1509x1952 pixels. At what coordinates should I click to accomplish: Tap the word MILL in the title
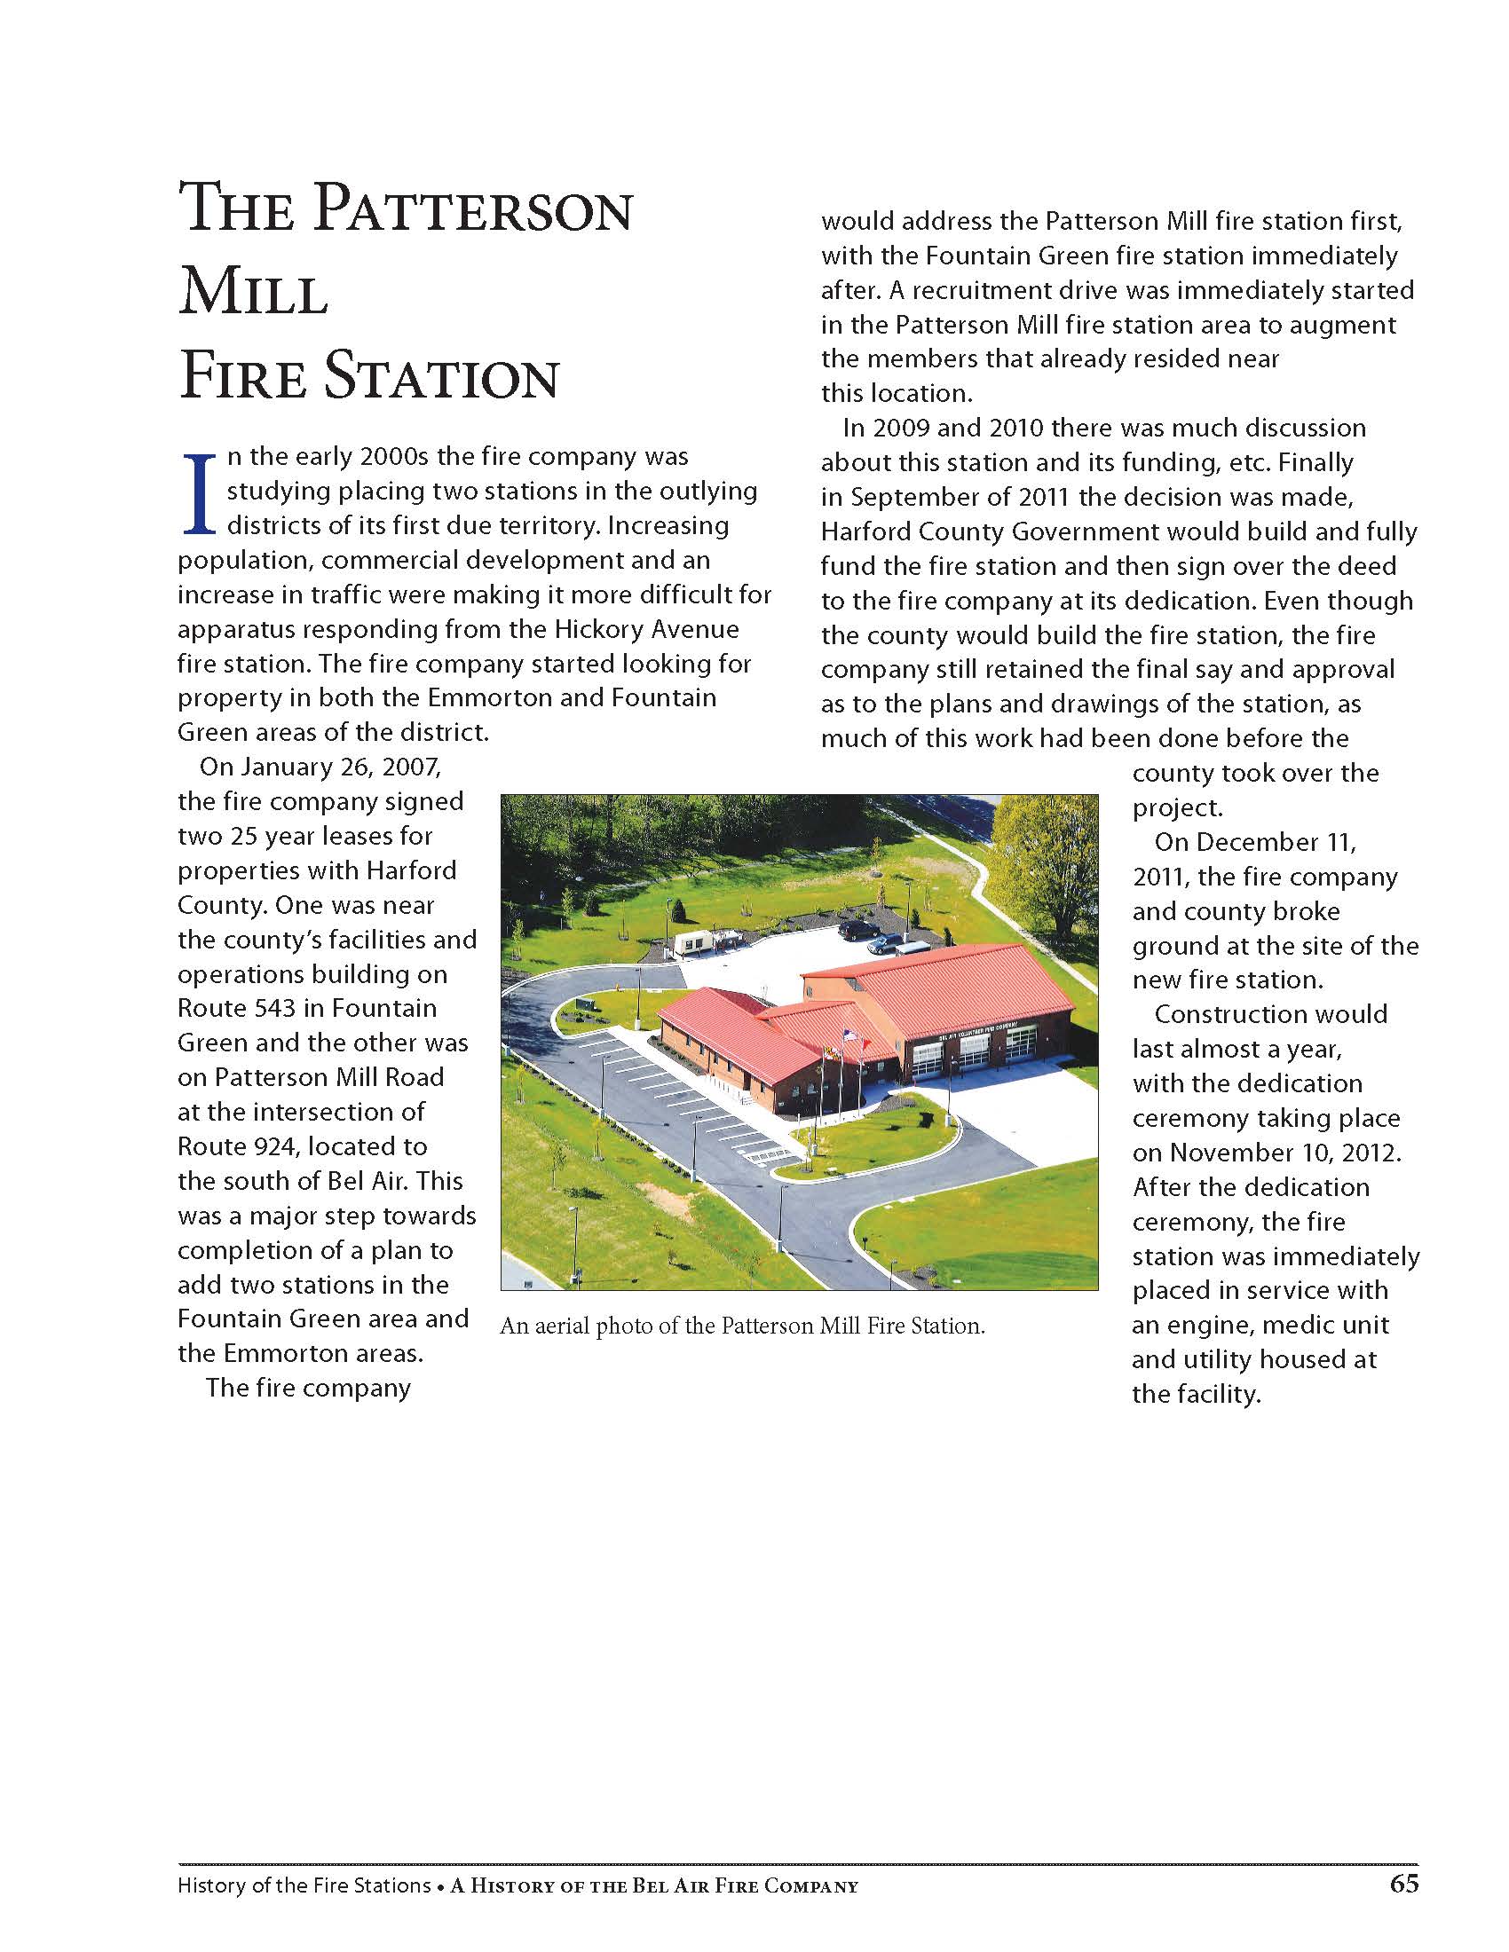click(x=253, y=294)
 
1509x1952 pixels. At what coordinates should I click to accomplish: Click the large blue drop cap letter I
click(x=201, y=493)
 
